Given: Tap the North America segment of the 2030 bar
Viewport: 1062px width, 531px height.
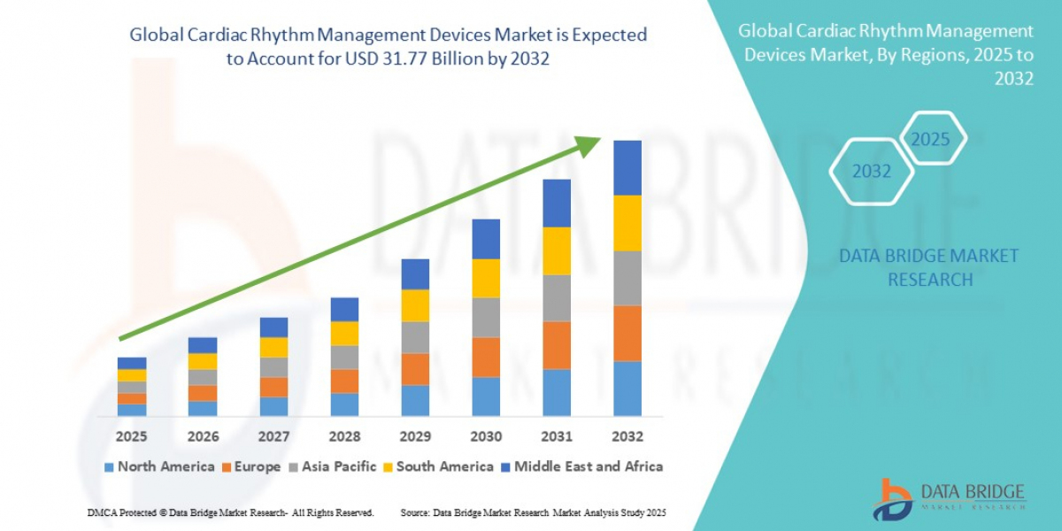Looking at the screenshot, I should click(486, 396).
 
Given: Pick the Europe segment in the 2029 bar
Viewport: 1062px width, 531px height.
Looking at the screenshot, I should click(415, 369).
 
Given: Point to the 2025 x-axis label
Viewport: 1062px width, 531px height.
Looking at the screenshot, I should click(131, 436).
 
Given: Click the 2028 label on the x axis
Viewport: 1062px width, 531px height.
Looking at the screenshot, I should click(344, 436).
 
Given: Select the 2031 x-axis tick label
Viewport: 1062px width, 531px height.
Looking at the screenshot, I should click(557, 436).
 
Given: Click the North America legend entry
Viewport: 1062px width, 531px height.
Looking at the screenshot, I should click(159, 466).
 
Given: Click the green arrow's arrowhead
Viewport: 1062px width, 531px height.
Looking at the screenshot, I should click(588, 145).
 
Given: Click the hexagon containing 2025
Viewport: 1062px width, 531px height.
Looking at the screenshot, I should click(930, 139).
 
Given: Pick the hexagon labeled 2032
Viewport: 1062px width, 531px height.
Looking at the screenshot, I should click(872, 171).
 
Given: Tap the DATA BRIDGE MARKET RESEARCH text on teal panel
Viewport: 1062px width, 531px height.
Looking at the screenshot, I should click(928, 267).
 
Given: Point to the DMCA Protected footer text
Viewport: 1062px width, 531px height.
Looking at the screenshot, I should click(230, 513).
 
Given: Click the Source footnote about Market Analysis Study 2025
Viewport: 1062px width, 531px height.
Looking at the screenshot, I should click(533, 513).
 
